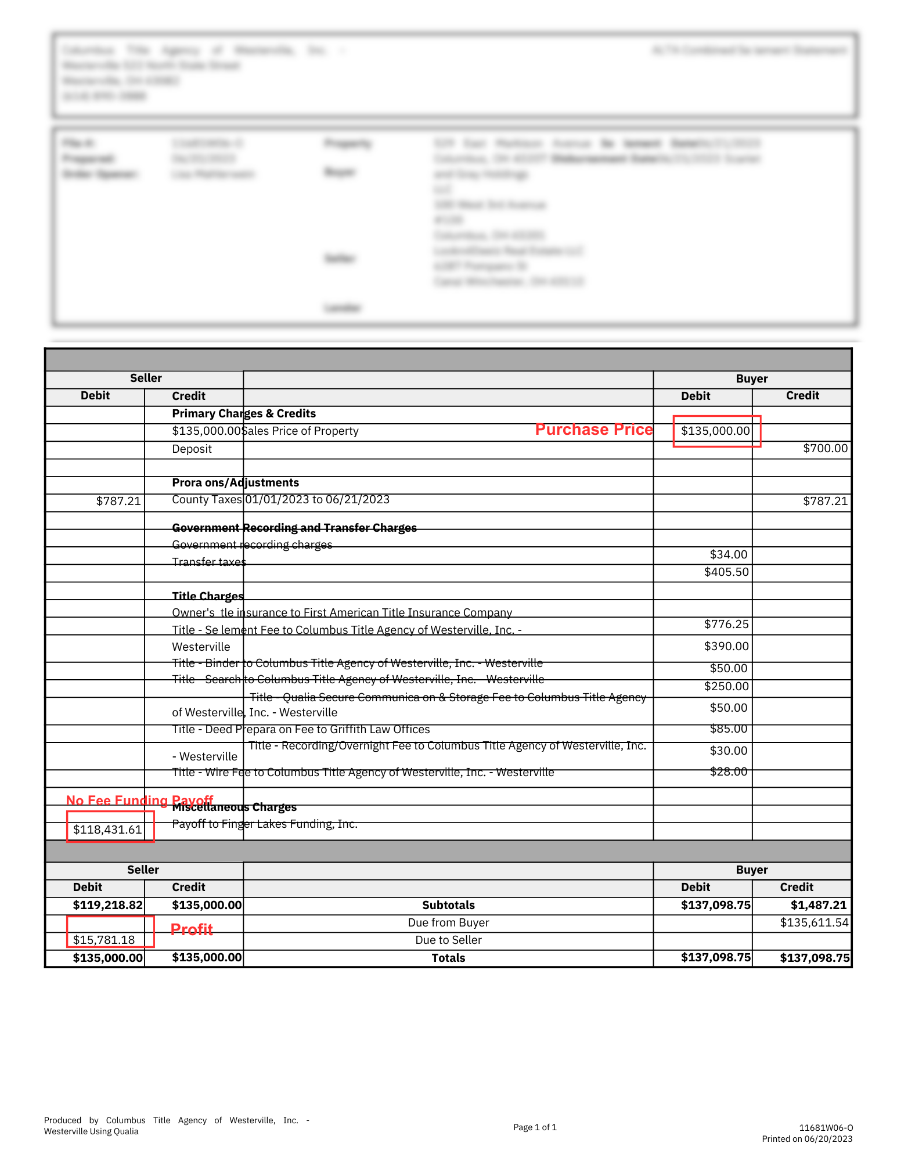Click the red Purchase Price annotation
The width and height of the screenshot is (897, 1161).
click(593, 430)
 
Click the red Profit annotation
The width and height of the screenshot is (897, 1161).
click(192, 929)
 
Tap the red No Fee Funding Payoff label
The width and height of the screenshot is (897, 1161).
click(139, 801)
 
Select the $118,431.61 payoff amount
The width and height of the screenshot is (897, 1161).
click(107, 830)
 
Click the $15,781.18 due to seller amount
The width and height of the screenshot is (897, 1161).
click(104, 940)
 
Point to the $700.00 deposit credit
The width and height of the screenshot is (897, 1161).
click(825, 448)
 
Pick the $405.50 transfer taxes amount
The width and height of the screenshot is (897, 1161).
click(726, 572)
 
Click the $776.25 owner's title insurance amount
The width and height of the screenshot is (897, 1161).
click(726, 624)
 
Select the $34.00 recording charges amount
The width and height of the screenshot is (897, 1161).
click(729, 554)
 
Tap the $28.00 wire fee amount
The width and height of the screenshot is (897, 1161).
click(729, 771)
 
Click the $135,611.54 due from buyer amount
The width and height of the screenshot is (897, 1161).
click(814, 922)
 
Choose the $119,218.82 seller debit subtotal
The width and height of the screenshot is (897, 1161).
click(107, 905)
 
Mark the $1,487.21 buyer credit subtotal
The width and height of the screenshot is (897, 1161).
click(819, 905)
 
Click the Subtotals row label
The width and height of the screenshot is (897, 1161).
click(448, 905)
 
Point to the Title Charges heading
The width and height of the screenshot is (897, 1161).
click(208, 596)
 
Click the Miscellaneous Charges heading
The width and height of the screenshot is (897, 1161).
click(234, 807)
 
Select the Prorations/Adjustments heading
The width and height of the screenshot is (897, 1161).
click(235, 482)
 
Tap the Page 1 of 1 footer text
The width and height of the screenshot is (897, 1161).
click(535, 1127)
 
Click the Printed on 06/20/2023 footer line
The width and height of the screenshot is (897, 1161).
click(807, 1139)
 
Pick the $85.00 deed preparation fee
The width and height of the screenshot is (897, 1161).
click(729, 729)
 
